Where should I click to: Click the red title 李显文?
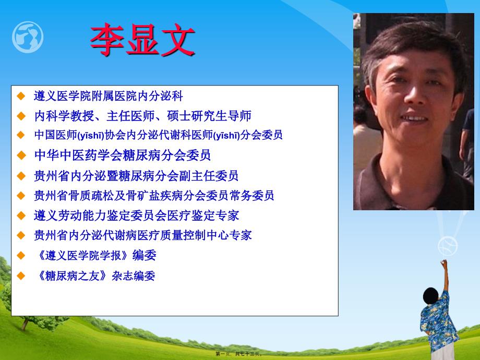pos(142,40)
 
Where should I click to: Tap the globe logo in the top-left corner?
pos(28,37)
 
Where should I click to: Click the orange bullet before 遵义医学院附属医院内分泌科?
pos(21,96)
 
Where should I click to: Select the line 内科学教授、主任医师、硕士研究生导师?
pos(142,116)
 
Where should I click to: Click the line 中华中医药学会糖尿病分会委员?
pos(123,155)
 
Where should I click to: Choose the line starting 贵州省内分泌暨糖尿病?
pos(136,176)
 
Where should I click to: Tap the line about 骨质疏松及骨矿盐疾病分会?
pos(154,196)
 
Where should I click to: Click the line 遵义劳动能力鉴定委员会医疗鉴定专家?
pos(137,215)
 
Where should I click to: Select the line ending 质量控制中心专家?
pos(142,235)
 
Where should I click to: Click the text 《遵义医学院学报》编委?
pos(96,255)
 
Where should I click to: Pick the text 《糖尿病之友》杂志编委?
pos(95,276)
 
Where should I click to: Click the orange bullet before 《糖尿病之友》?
pos(21,276)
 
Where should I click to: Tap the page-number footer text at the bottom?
pos(239,354)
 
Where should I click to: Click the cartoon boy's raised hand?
pos(443,263)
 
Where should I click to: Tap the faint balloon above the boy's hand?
pos(448,246)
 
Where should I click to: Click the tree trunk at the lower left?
pos(25,325)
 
